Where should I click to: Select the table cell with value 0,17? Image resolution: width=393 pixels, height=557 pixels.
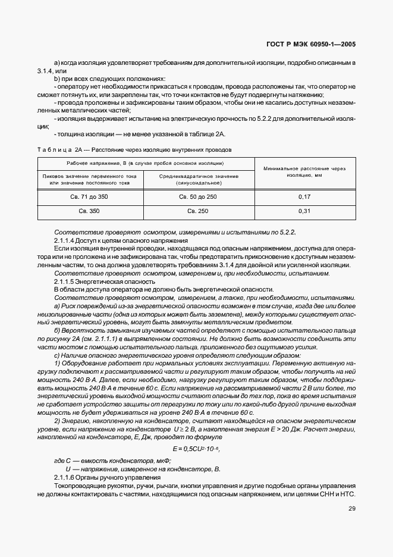[304, 196]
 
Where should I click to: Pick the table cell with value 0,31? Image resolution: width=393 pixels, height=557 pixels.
[304, 211]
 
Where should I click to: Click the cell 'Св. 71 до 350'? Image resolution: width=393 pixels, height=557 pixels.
[90, 196]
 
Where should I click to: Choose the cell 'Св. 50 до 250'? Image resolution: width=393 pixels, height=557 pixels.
[199, 196]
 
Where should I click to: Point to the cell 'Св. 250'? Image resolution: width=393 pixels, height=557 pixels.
[199, 211]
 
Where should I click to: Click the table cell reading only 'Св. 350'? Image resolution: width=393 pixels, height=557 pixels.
[90, 211]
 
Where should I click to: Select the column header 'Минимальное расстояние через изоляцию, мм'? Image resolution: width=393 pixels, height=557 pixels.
[304, 173]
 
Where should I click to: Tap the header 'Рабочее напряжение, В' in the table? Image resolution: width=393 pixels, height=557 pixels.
[145, 162]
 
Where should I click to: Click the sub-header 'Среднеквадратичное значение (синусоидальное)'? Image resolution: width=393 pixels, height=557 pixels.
[199, 180]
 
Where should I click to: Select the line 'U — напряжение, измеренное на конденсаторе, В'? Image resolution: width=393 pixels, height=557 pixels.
[139, 469]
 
